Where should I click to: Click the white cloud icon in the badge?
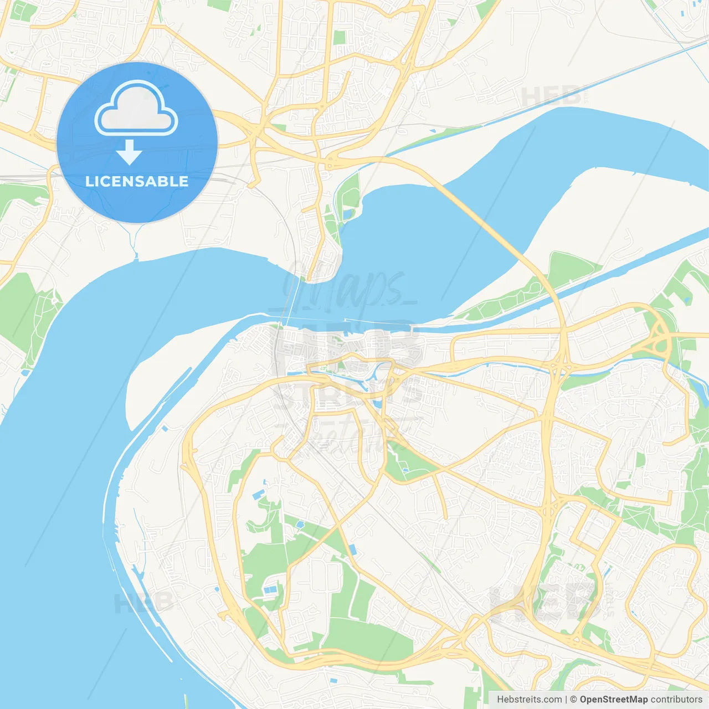pyautogui.click(x=136, y=108)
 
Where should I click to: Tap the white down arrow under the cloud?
pyautogui.click(x=129, y=152)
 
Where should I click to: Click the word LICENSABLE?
pyautogui.click(x=137, y=181)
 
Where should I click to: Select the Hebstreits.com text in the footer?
pyautogui.click(x=530, y=700)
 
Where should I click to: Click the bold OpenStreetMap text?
pyautogui.click(x=614, y=700)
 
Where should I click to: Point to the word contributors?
pyautogui.click(x=676, y=700)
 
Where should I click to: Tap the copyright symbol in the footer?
pyautogui.click(x=573, y=700)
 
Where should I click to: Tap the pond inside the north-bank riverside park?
pyautogui.click(x=348, y=213)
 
